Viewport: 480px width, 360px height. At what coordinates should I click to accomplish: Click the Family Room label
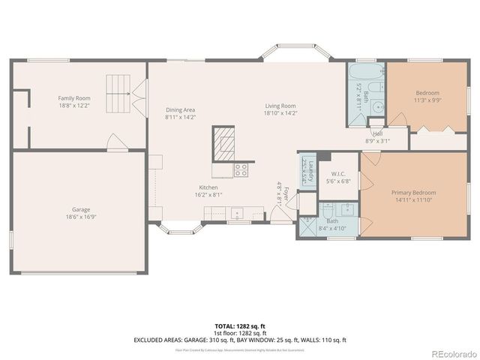pyautogui.click(x=74, y=98)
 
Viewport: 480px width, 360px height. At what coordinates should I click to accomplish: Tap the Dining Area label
pyautogui.click(x=180, y=110)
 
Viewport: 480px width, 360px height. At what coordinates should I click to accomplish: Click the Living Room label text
pyautogui.click(x=280, y=106)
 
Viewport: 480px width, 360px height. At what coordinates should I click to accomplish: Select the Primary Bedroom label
pyautogui.click(x=413, y=193)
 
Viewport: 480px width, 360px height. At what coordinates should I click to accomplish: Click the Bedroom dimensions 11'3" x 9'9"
pyautogui.click(x=427, y=100)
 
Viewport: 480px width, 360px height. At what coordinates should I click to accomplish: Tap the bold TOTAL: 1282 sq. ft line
pyautogui.click(x=239, y=326)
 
